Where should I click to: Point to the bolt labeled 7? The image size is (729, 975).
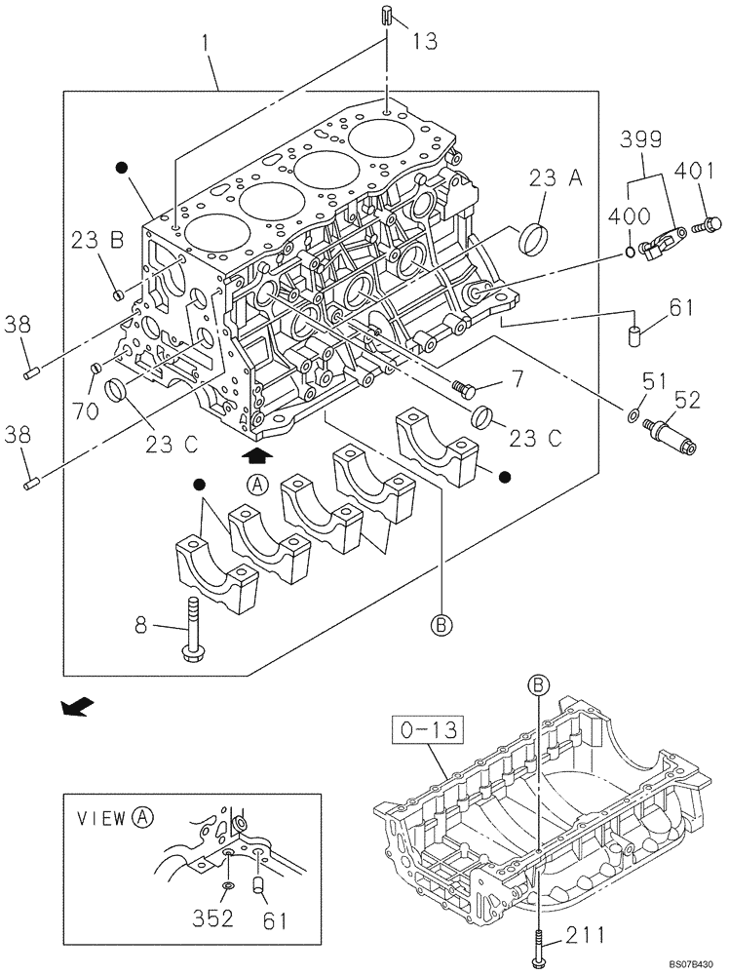point(464,391)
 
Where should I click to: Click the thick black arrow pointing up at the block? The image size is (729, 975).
point(256,452)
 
